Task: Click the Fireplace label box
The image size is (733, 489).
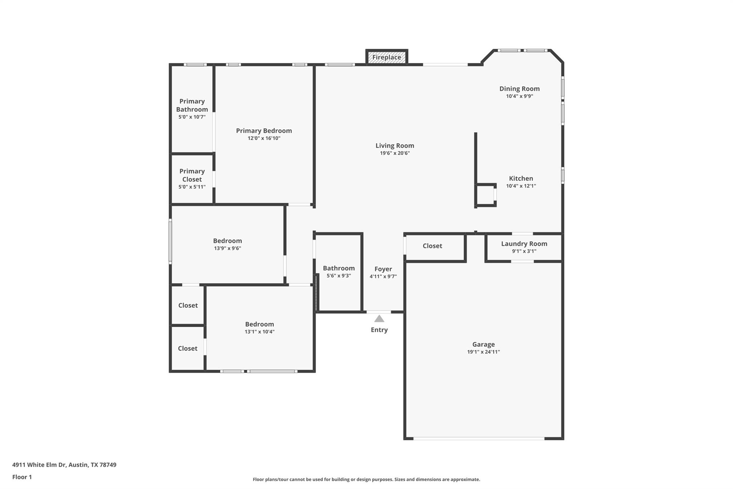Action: click(x=387, y=57)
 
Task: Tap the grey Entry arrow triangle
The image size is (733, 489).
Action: click(x=379, y=319)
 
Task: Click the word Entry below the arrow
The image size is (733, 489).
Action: click(x=379, y=330)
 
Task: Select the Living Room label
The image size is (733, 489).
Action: click(x=394, y=145)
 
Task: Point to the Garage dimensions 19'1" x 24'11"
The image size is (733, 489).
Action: click(x=483, y=352)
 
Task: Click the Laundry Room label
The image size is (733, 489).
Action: click(x=524, y=244)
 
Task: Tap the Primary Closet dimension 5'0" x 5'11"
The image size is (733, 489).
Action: click(x=192, y=187)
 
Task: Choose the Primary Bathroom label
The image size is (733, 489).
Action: click(x=192, y=105)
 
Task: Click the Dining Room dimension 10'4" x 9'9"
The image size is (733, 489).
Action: click(x=519, y=96)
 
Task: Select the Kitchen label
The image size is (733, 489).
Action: click(x=521, y=178)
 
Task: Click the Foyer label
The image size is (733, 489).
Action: click(x=383, y=269)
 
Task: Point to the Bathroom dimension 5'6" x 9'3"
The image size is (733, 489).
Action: click(x=339, y=276)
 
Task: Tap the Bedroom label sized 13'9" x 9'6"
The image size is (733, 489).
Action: click(x=227, y=241)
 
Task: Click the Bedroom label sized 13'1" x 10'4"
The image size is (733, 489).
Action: click(x=259, y=324)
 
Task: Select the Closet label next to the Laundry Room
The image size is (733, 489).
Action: click(x=432, y=246)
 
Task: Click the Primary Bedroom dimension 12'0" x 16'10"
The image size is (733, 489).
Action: click(x=264, y=138)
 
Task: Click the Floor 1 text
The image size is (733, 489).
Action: click(x=22, y=477)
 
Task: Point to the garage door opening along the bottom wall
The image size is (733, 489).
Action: click(x=479, y=438)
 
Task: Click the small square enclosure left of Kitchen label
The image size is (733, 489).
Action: click(x=486, y=195)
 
